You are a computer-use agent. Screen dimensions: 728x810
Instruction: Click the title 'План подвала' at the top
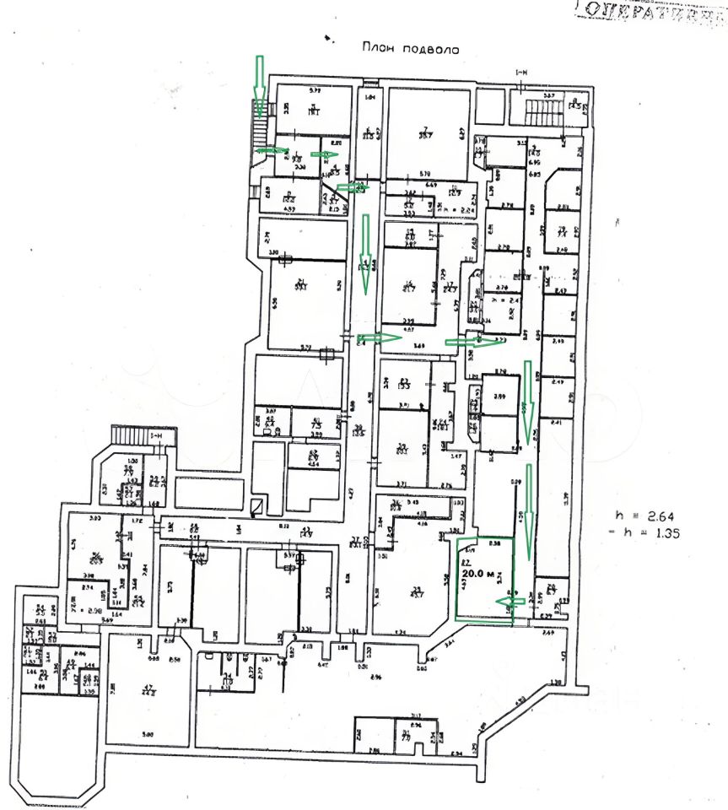(410, 50)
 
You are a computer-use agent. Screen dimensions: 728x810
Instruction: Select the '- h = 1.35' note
(644, 532)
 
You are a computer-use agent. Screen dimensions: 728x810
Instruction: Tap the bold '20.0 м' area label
(479, 573)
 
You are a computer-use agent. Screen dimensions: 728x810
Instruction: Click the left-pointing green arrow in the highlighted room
(506, 601)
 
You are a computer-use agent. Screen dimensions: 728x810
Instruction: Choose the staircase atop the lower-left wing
(131, 436)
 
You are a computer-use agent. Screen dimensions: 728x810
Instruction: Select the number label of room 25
(415, 588)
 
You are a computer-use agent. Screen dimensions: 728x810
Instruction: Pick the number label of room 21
(300, 283)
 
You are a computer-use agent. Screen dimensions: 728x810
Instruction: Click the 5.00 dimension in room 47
(148, 734)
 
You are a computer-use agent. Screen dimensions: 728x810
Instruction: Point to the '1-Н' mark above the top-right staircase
(520, 75)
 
